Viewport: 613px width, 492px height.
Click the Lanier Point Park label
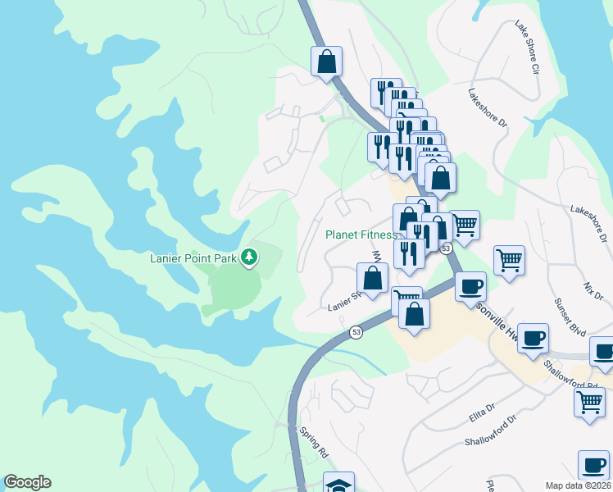tap(193, 259)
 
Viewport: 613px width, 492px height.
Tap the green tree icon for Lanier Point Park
tap(250, 258)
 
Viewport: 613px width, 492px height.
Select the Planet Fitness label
tap(361, 235)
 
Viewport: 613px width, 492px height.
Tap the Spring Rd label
tap(313, 441)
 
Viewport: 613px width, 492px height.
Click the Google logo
tap(27, 482)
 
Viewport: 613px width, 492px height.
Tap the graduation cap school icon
tap(338, 484)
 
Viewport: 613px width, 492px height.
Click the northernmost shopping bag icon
tap(326, 61)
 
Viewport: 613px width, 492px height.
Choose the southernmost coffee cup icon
tap(593, 465)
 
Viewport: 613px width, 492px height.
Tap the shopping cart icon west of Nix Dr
tap(509, 261)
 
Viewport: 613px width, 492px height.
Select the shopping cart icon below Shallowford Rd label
tap(588, 403)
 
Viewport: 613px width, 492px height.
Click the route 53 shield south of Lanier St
tap(356, 332)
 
